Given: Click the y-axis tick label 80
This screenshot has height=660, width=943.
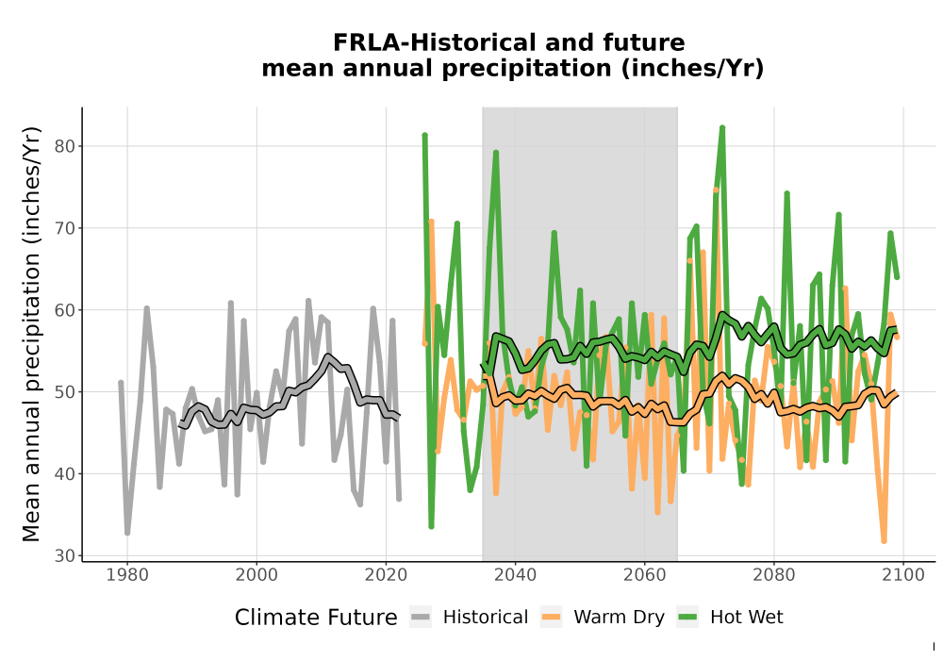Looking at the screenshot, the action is click(63, 146).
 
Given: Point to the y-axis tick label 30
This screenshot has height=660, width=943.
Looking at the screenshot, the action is click(63, 556).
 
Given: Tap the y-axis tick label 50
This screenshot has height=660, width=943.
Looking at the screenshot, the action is click(63, 392).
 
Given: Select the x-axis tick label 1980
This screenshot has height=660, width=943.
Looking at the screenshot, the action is click(127, 575).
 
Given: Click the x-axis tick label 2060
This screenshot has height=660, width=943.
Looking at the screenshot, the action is click(644, 575).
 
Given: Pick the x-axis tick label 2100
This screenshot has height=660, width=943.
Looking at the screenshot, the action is click(902, 575).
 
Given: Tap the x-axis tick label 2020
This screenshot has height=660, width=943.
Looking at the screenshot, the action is click(386, 575).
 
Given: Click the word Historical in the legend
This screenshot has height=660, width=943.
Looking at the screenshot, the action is click(486, 618).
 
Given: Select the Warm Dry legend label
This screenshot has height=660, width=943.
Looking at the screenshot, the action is click(619, 618).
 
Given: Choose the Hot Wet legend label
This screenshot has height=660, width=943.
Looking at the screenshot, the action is click(746, 618).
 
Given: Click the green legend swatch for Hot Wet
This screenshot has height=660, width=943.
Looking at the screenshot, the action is click(687, 618).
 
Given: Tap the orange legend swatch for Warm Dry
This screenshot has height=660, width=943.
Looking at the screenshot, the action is click(551, 618).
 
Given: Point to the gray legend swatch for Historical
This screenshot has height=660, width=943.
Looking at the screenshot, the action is click(421, 618).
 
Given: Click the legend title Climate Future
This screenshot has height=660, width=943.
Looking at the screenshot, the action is click(316, 618).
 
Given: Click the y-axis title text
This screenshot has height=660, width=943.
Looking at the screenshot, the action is click(30, 334).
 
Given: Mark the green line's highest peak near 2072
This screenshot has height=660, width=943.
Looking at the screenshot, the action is click(722, 127).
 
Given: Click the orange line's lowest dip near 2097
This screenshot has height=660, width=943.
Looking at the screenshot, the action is click(884, 541).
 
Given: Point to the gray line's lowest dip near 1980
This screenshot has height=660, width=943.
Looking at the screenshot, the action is click(127, 533).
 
